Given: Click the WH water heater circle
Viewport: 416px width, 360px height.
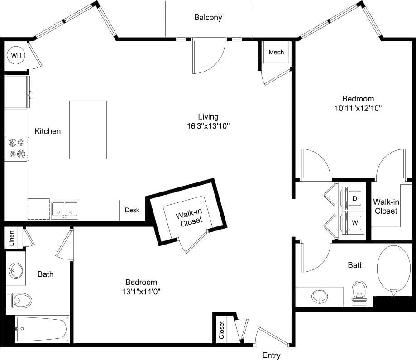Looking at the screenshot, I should tap(16, 55).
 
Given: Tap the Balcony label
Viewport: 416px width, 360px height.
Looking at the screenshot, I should tap(208, 18).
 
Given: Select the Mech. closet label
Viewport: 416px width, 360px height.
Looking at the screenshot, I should tap(277, 53).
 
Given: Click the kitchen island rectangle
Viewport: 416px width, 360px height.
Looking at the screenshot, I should tap(88, 130).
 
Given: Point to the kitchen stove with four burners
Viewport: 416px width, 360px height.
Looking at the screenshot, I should tap(16, 148).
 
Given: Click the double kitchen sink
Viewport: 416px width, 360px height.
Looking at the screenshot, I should tap(64, 210).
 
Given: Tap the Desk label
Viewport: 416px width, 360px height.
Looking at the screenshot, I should tap(132, 210).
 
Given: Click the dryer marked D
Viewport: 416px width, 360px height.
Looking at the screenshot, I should tap(354, 198).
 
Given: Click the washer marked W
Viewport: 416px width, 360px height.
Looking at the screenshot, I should tap(354, 222).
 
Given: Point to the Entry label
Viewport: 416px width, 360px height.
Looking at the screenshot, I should tap(271, 355).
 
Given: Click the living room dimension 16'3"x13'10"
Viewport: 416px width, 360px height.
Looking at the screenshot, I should tap(208, 127).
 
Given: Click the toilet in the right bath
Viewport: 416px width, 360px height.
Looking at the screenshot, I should tap(359, 291).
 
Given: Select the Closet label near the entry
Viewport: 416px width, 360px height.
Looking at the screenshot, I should tap(221, 330).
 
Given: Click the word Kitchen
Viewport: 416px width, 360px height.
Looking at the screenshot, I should tap(48, 131).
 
